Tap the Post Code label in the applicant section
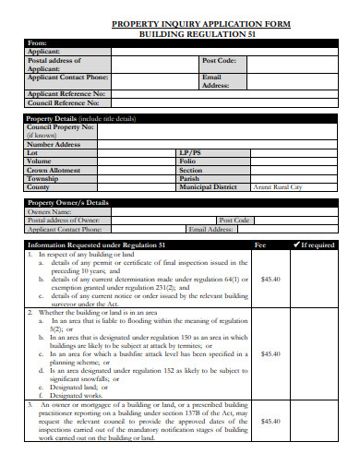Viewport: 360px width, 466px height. (x=219, y=60)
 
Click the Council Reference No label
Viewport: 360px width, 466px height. (x=66, y=104)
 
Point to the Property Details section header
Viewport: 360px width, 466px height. (x=81, y=119)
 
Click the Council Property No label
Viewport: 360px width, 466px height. (x=61, y=127)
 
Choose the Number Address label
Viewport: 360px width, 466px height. (x=54, y=144)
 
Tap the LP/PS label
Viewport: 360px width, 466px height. (x=190, y=152)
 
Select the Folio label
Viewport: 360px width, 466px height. (x=188, y=161)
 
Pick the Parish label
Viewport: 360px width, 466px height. (x=189, y=178)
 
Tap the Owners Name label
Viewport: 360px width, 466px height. (x=51, y=212)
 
